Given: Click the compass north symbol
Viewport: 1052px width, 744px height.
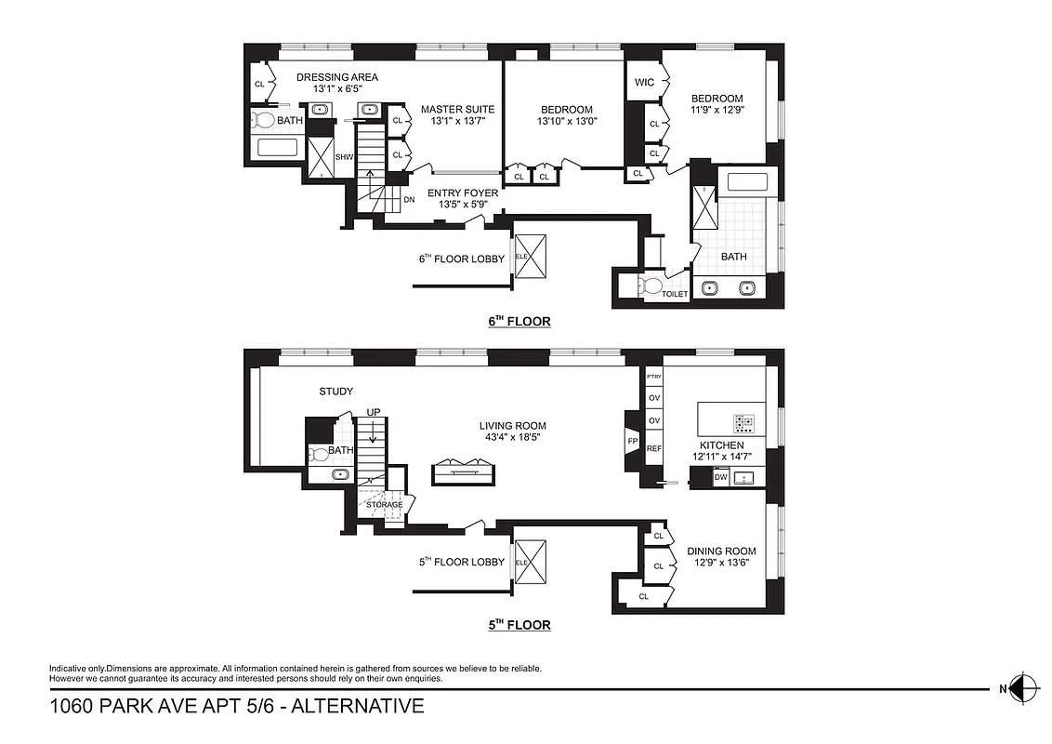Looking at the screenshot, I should [x=1022, y=688].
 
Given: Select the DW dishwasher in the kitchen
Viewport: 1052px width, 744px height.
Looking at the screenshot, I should [x=720, y=477].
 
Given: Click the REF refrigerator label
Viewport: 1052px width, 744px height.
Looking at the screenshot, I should [x=653, y=449].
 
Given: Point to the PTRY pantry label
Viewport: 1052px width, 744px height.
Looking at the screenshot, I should [x=653, y=377].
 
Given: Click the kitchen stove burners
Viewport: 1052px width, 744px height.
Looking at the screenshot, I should [x=744, y=423].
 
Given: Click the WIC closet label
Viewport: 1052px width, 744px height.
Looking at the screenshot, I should [x=644, y=83].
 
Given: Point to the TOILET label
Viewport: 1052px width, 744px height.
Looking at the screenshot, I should [x=675, y=294].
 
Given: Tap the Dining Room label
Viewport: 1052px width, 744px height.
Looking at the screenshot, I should [x=721, y=551].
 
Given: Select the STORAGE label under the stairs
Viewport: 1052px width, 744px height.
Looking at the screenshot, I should [x=384, y=504].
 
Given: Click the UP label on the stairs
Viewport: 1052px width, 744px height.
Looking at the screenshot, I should [x=373, y=411].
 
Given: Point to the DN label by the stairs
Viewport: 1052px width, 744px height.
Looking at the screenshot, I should [x=409, y=200].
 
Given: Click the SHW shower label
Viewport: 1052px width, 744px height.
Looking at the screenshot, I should [x=344, y=157].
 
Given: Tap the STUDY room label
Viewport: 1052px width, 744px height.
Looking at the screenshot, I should [x=335, y=392].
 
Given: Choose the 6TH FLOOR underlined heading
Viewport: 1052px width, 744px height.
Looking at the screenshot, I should [x=519, y=322].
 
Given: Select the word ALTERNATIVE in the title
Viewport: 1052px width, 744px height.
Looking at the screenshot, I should [x=358, y=707].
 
